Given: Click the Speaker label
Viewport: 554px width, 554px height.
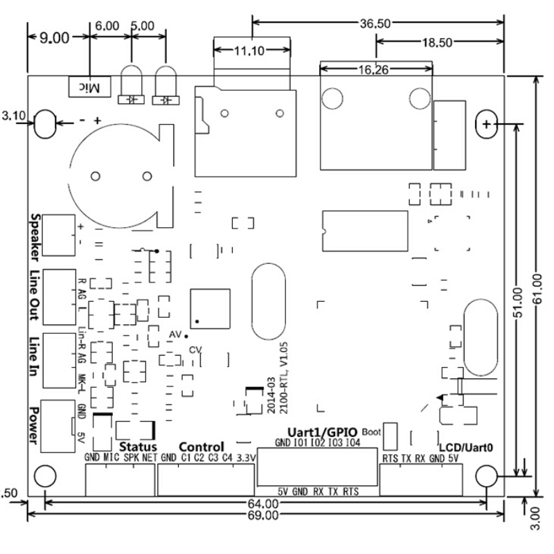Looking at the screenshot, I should (x=35, y=235).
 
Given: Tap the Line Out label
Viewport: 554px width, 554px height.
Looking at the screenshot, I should (x=35, y=295).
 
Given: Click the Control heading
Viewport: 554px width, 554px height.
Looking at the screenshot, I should (x=201, y=446).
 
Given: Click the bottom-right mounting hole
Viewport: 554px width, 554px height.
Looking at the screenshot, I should (x=487, y=476).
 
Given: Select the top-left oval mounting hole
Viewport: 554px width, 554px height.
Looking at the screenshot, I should (x=46, y=124).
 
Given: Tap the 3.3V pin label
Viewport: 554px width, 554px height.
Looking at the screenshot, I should (x=246, y=458).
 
